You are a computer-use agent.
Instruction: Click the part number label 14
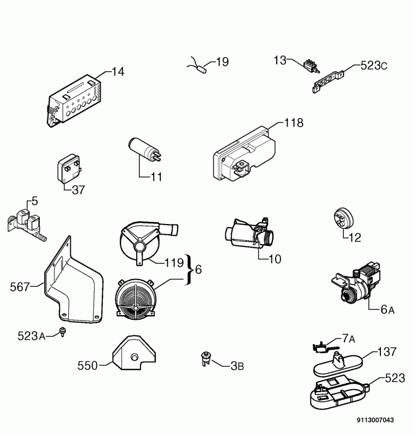click(118, 71)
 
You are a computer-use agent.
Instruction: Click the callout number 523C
click(374, 66)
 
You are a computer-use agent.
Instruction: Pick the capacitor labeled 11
click(143, 149)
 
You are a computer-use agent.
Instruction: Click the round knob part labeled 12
click(342, 219)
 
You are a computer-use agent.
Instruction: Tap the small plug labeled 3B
click(206, 358)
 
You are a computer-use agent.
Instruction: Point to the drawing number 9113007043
click(375, 420)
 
